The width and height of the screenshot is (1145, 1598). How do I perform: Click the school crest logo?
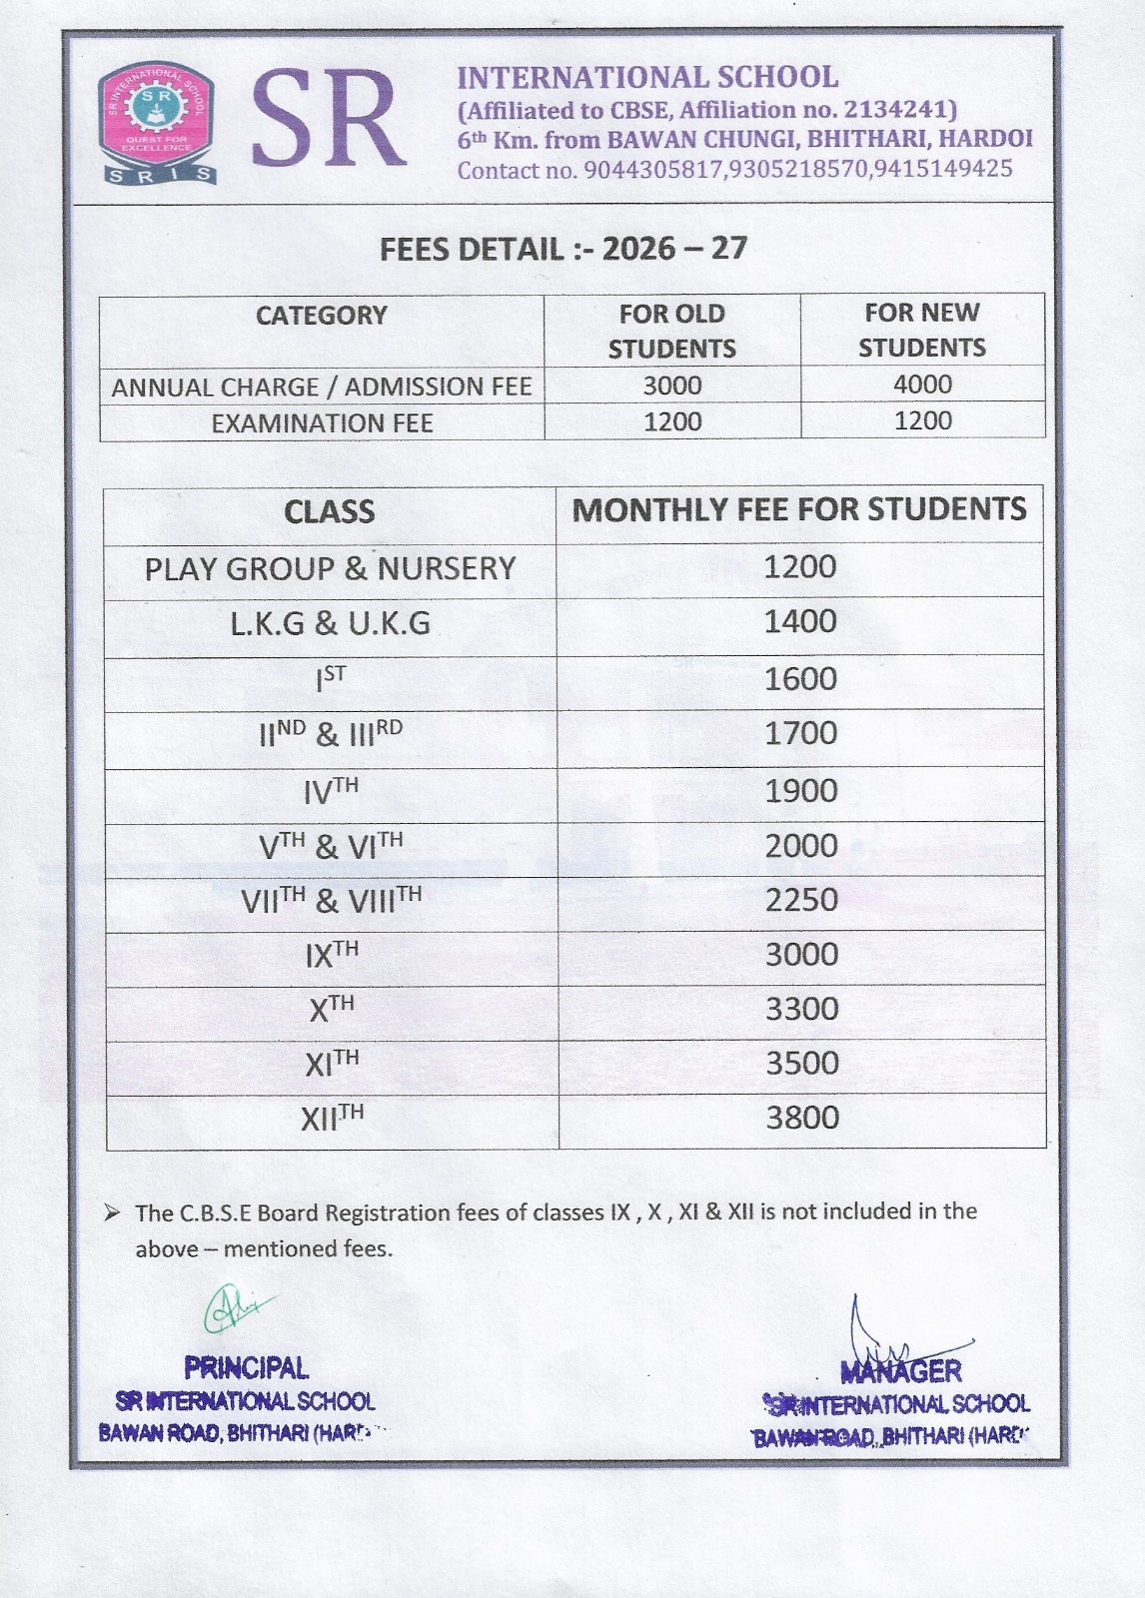click(x=157, y=124)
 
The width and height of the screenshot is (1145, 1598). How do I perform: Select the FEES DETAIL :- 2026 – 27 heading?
click(x=564, y=249)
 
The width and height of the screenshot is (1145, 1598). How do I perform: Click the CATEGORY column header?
click(x=321, y=316)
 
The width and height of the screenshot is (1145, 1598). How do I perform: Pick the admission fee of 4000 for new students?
click(x=922, y=385)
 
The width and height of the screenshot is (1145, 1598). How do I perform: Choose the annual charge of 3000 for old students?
click(x=671, y=386)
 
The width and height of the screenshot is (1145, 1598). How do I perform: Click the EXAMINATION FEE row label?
click(x=322, y=423)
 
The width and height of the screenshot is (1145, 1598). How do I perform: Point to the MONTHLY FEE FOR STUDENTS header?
click(x=798, y=510)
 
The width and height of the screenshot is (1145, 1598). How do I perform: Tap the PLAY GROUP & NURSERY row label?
click(x=330, y=569)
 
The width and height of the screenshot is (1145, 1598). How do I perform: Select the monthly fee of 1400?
click(x=799, y=622)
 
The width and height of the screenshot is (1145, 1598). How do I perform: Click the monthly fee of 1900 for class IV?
click(x=800, y=791)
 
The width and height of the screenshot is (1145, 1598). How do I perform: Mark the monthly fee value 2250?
click(x=801, y=900)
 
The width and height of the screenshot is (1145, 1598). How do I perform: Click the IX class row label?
click(x=331, y=955)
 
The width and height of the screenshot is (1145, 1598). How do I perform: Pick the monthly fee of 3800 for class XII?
click(x=801, y=1118)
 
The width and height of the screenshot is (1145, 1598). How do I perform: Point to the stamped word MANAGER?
click(x=901, y=1371)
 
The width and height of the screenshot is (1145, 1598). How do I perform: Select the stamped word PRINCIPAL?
click(x=246, y=1367)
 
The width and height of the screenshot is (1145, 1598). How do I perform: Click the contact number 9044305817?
click(x=652, y=170)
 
